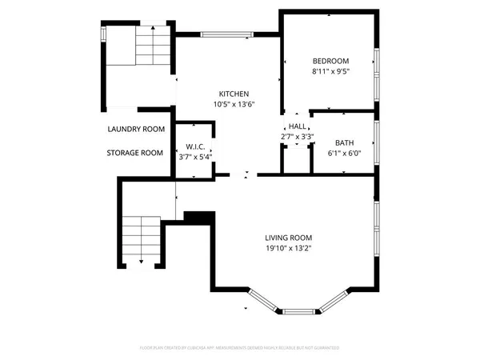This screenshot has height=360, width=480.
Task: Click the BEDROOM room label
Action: click(330, 62)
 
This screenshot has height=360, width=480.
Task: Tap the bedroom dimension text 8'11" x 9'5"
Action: click(330, 72)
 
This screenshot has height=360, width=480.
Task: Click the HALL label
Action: click(297, 126)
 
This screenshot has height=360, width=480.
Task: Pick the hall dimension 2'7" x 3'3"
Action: click(297, 137)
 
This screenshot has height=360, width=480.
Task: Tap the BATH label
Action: click(345, 142)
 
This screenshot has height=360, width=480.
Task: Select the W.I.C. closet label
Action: click(196, 146)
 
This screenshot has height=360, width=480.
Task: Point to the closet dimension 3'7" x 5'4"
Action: click(196, 157)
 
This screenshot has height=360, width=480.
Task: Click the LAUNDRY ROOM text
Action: click(136, 129)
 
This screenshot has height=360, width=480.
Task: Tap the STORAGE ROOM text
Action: click(135, 153)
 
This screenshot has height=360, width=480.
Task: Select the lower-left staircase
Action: click(141, 238)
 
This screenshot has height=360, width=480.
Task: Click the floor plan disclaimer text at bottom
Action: click(240, 348)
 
